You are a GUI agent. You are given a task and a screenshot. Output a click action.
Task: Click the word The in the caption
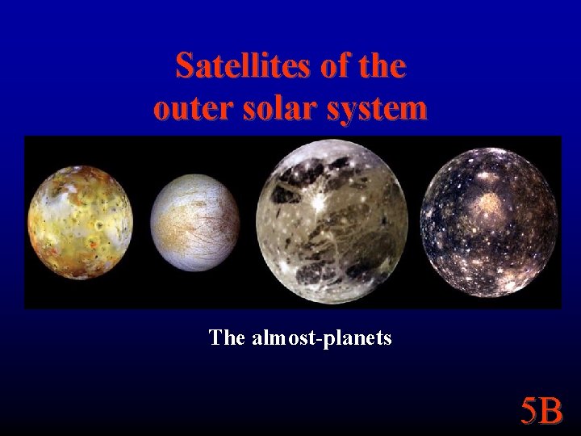pyautogui.click(x=227, y=337)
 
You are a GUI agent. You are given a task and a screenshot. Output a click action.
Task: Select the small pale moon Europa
pyautogui.click(x=196, y=224)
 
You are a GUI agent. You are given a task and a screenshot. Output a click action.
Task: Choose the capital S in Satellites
pyautogui.click(x=185, y=66)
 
